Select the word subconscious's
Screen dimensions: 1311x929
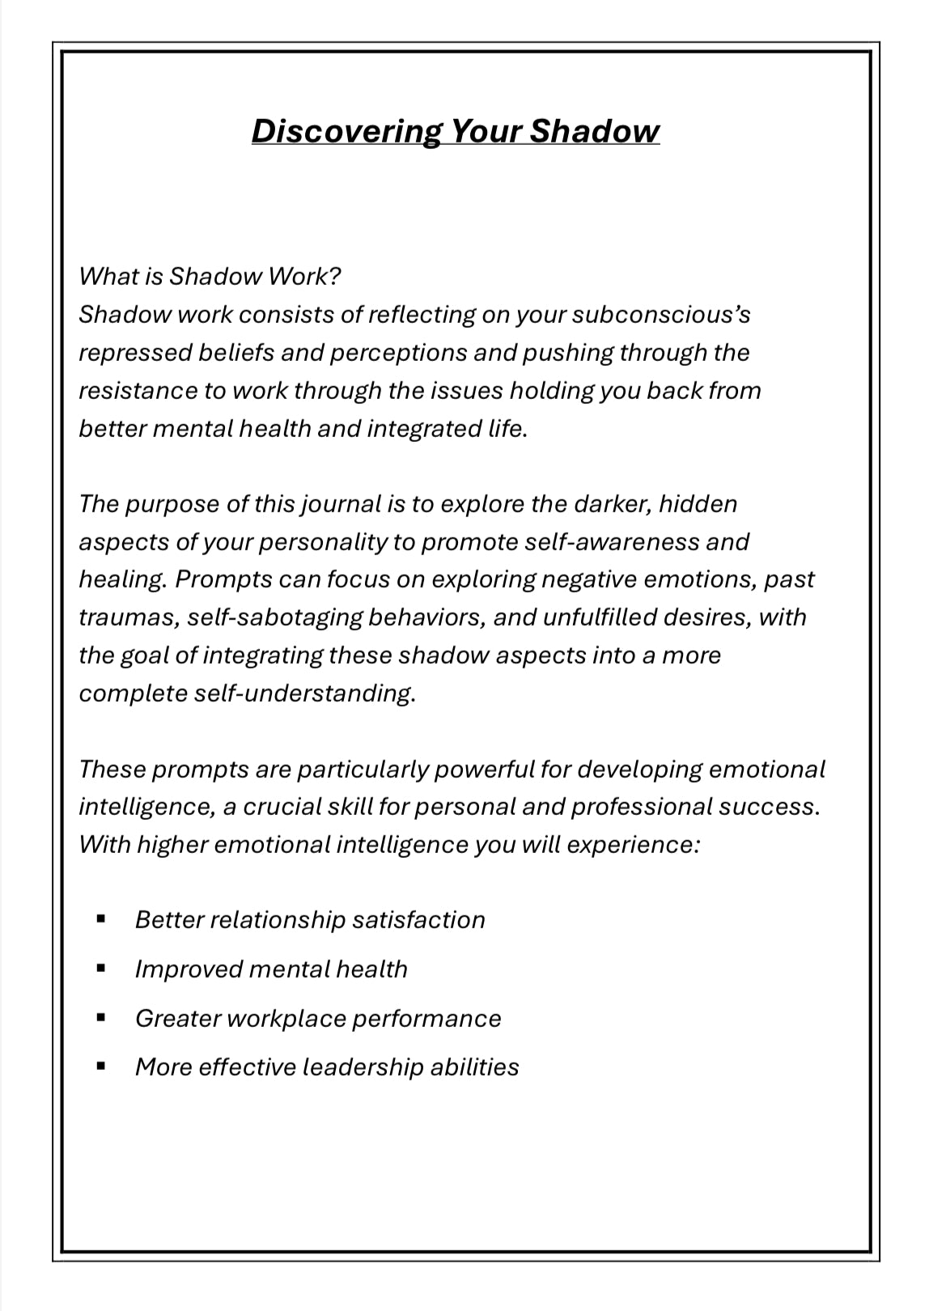click(660, 315)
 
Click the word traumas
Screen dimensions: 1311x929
click(128, 617)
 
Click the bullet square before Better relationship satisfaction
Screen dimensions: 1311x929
click(101, 919)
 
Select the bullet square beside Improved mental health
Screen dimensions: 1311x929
click(101, 968)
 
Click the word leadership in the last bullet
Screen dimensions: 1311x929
click(363, 1067)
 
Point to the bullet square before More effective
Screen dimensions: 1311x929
click(101, 1067)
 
